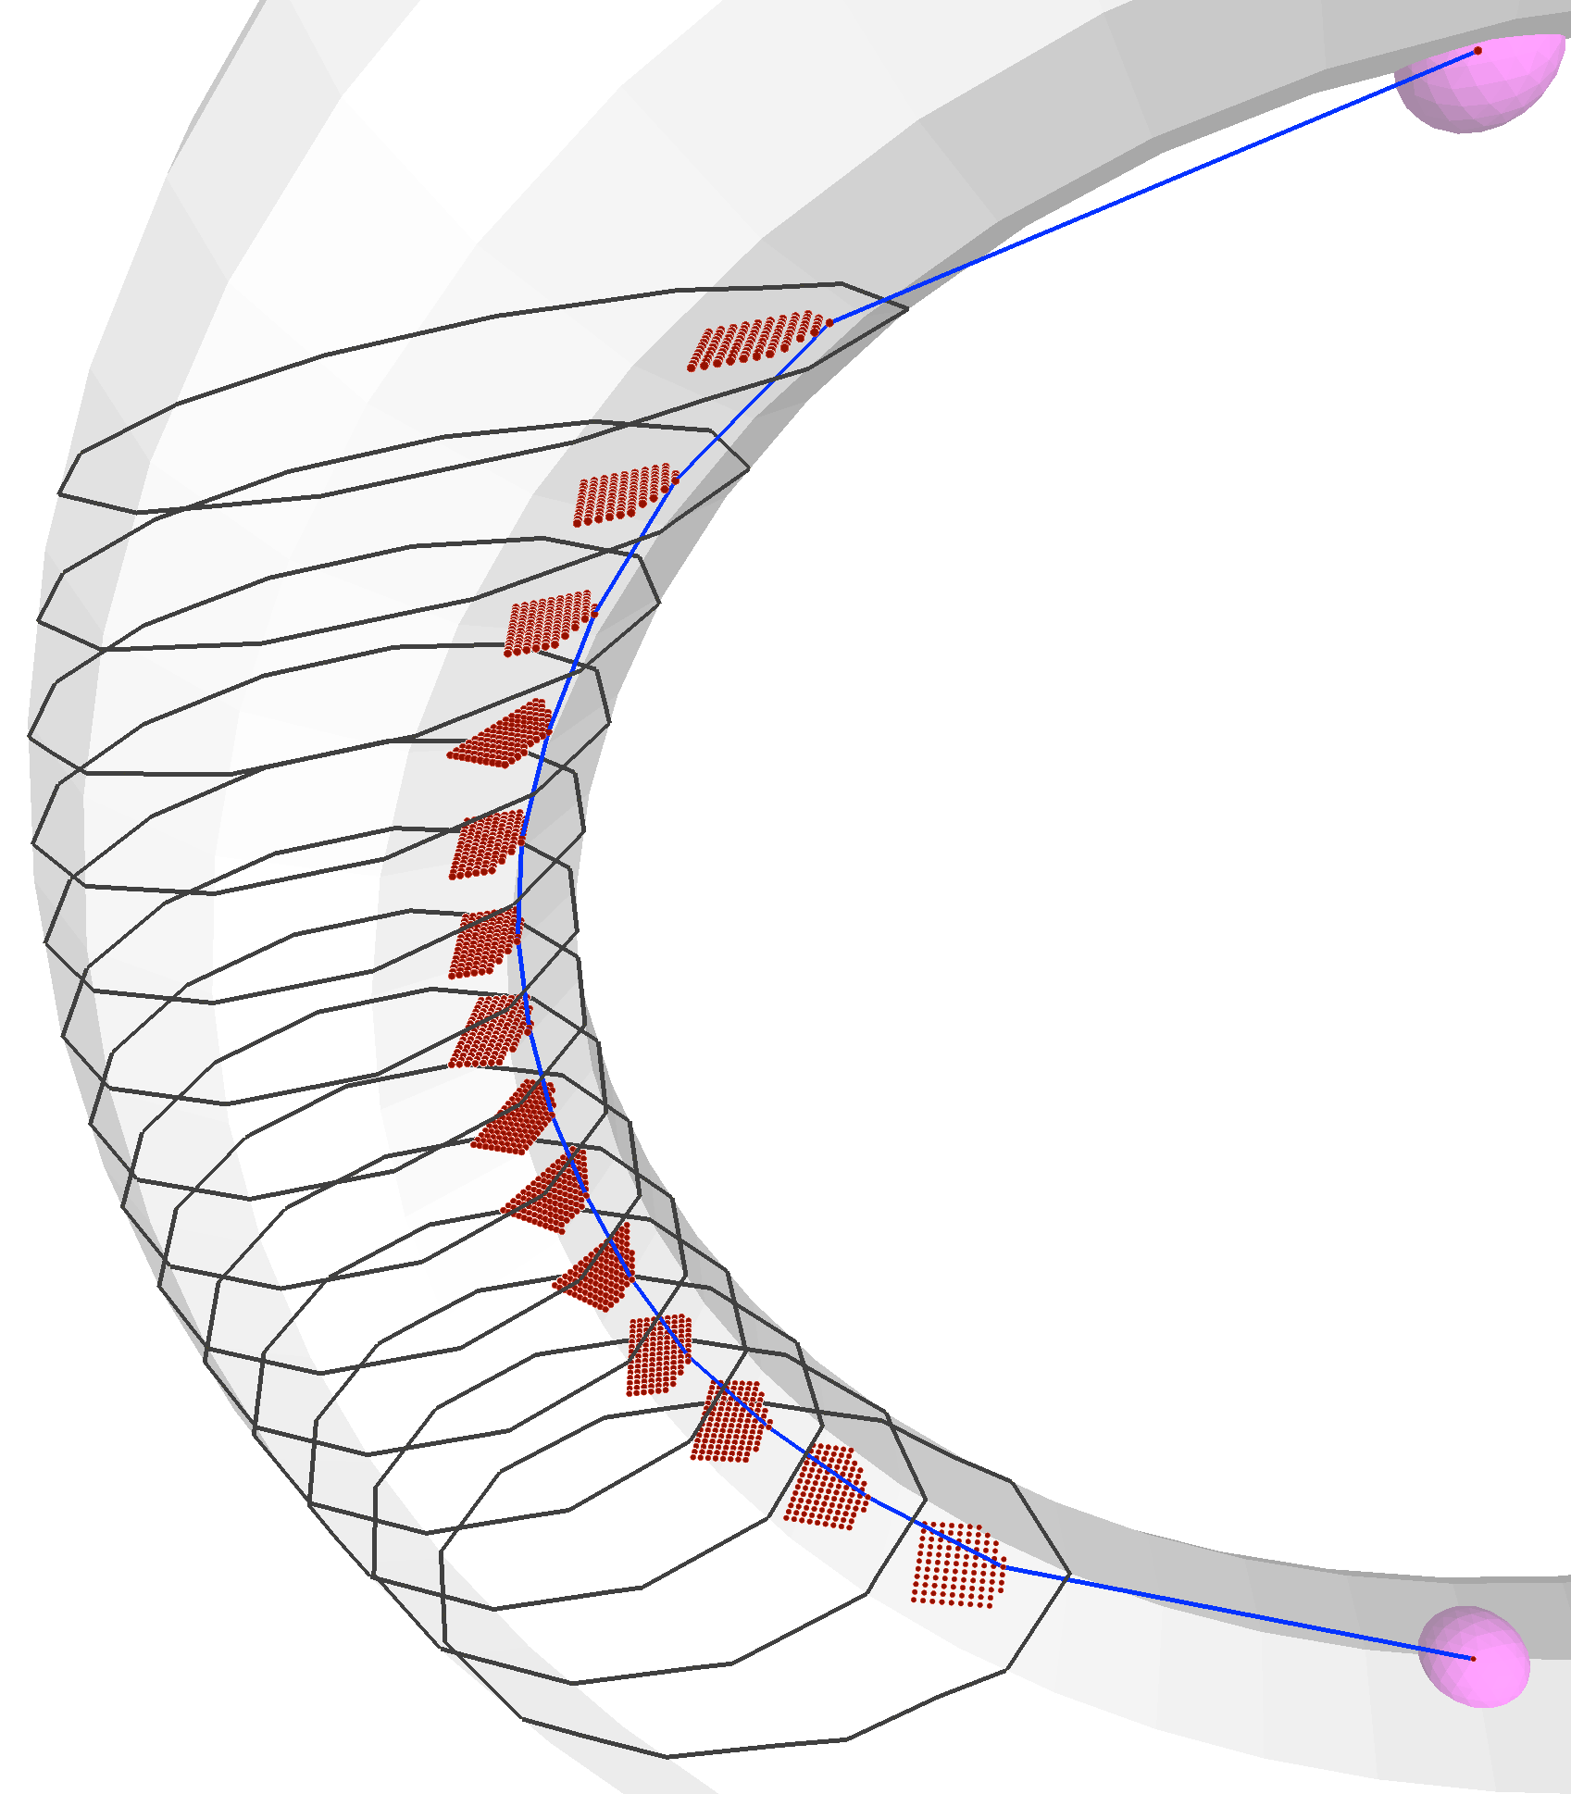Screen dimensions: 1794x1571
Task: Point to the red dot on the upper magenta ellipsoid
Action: [x=1477, y=51]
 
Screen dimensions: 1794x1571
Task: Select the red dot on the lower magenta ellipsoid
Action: [x=1473, y=1658]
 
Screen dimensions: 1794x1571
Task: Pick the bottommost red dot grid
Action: [x=957, y=1564]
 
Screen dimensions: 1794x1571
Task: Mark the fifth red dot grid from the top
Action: [x=486, y=844]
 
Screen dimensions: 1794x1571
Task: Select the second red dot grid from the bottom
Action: [x=825, y=1487]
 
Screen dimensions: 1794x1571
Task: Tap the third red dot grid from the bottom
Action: [x=730, y=1422]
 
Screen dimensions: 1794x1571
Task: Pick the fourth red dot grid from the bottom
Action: [x=657, y=1354]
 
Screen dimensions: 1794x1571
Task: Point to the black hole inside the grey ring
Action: [x=1065, y=879]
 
